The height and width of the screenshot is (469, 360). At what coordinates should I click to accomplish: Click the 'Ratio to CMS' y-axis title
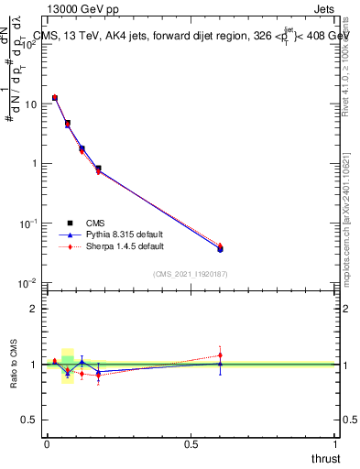[14, 365]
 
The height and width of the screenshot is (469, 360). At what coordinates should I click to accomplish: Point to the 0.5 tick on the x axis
[191, 444]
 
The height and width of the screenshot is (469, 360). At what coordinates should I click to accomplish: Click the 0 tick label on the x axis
[47, 444]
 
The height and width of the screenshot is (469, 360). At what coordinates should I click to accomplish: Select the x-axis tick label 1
[334, 444]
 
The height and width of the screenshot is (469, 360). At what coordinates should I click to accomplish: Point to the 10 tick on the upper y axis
[30, 104]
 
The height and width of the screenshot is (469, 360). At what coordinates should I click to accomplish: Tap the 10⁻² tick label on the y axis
[28, 283]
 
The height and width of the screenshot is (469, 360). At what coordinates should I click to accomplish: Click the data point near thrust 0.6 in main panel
[220, 248]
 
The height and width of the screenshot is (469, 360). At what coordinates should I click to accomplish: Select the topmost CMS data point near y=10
[55, 97]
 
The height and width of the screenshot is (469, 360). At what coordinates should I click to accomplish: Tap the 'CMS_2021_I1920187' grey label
[190, 274]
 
